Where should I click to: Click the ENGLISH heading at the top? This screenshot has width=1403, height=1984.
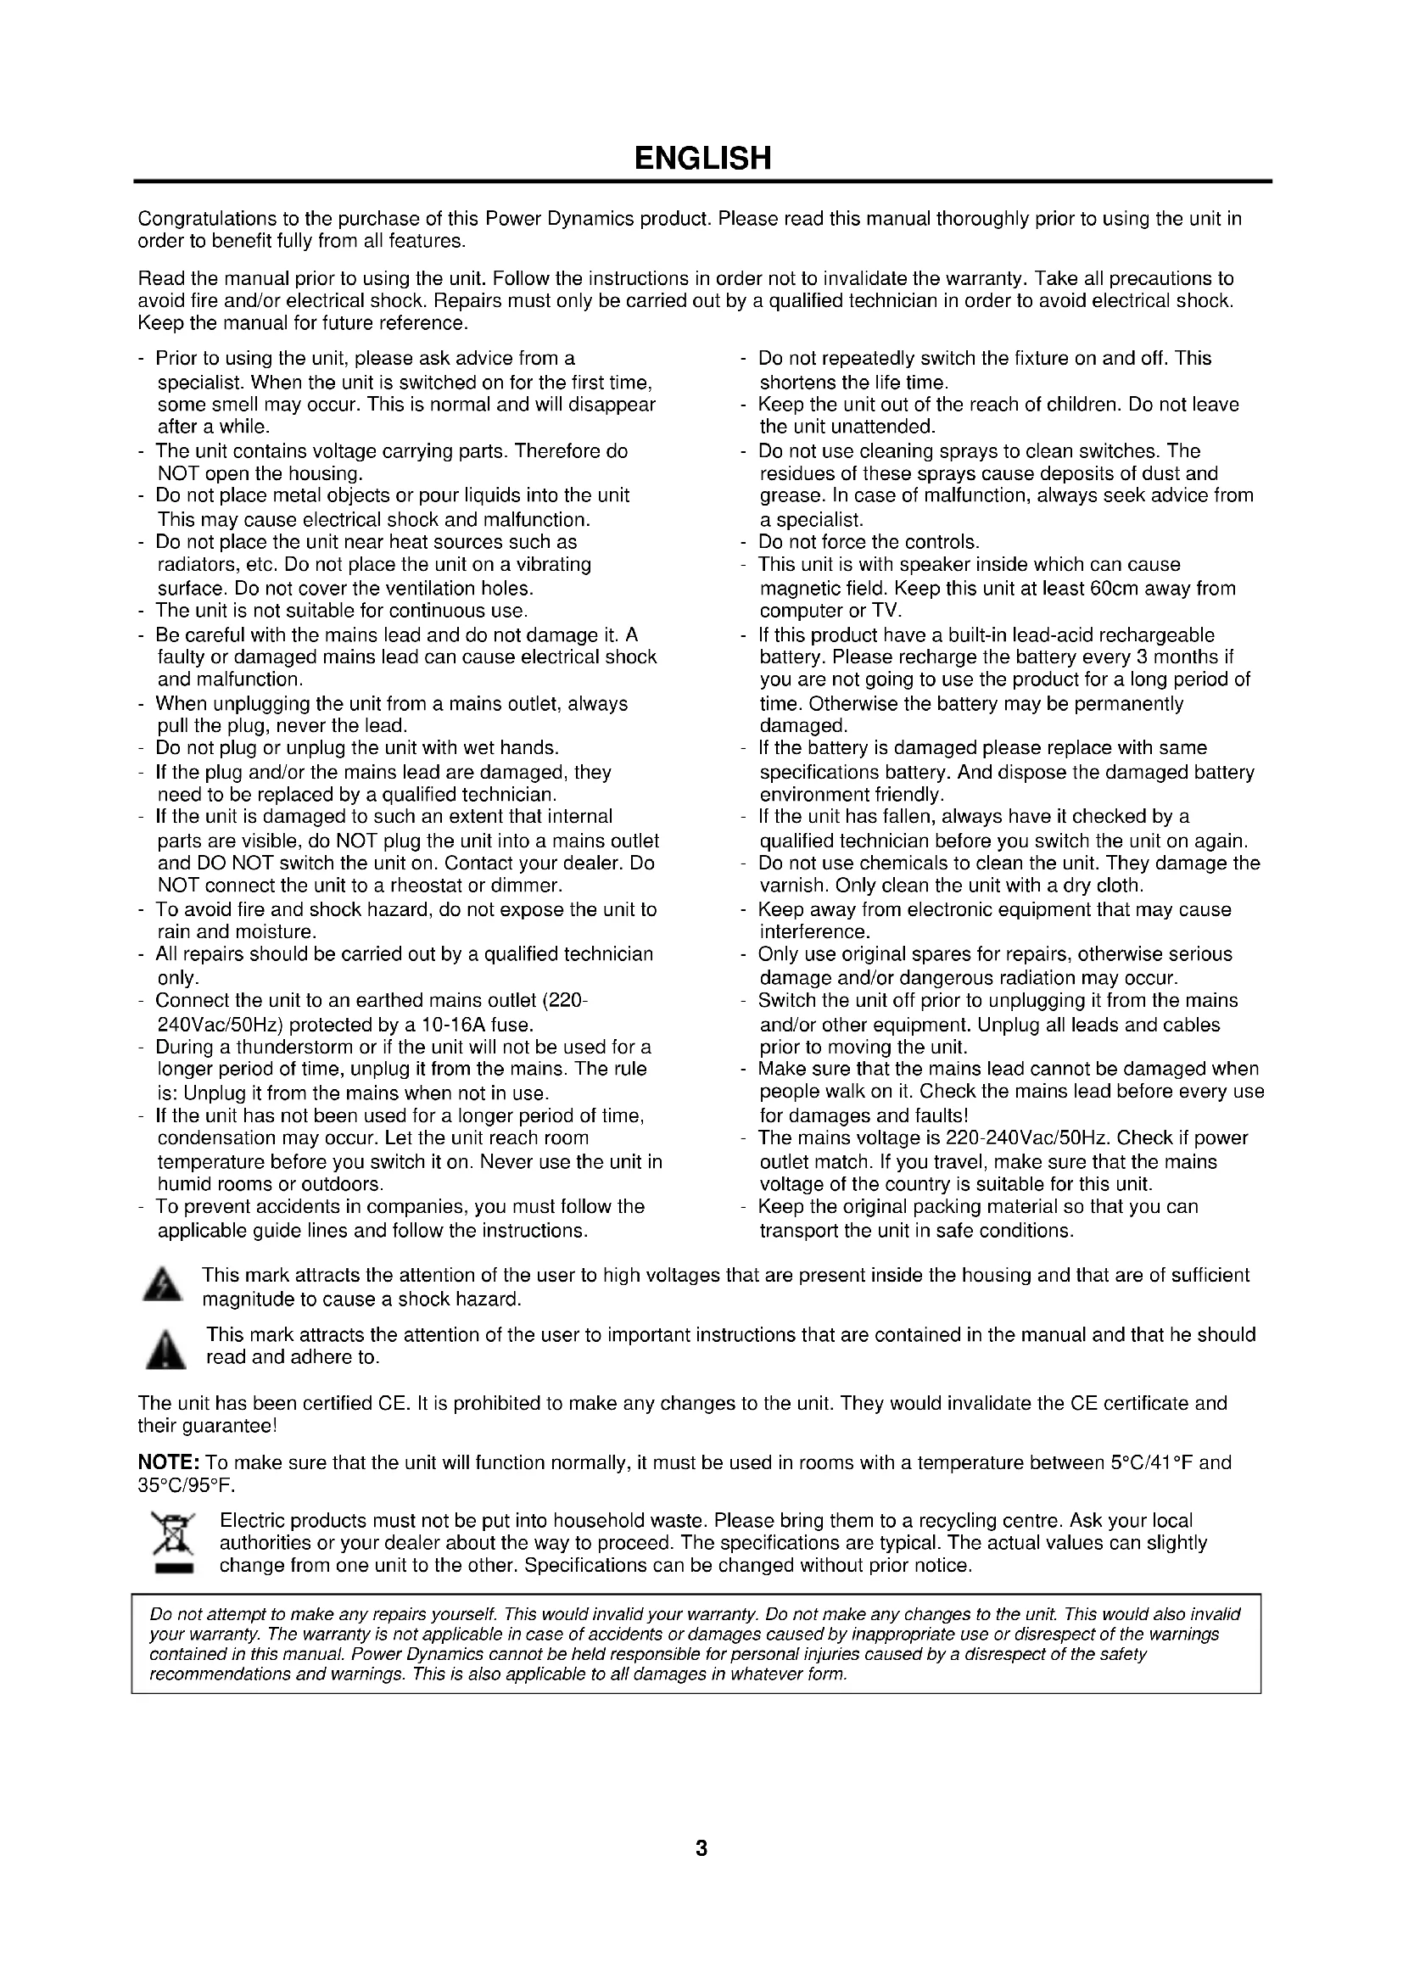click(x=701, y=159)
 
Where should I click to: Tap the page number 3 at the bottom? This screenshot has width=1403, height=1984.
click(x=701, y=1848)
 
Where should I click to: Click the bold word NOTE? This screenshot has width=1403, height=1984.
click(x=170, y=1463)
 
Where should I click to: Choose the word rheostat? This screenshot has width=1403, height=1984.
click(x=402, y=886)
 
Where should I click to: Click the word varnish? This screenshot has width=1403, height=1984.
click(x=789, y=886)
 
